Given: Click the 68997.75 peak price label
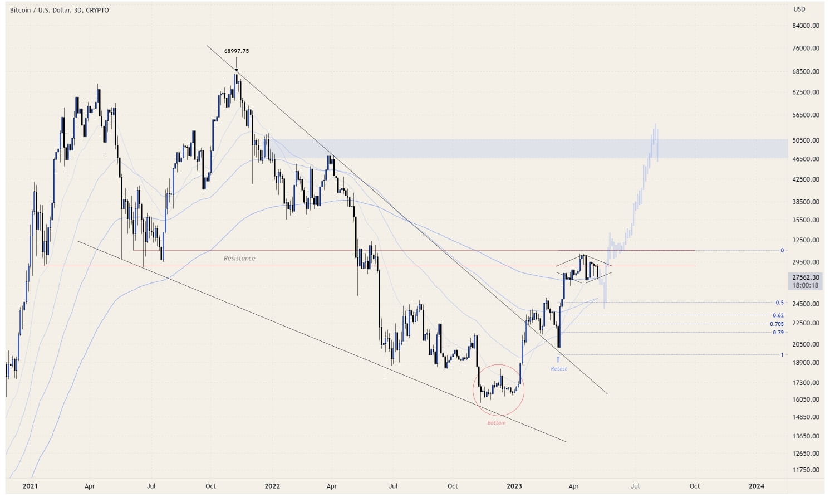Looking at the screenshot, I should pos(237,51).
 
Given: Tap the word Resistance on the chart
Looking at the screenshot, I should pos(239,258).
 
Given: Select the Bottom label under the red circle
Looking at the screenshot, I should pos(497,422).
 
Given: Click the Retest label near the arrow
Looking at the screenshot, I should pos(558,368).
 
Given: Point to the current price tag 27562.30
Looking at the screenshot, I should pos(806,277).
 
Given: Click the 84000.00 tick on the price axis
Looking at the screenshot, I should pos(806,26).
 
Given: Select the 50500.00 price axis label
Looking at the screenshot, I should pos(806,140).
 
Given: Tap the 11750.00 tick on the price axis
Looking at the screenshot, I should pos(806,470).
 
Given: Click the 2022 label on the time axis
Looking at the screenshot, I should pos(272,486).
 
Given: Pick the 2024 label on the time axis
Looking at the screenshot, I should pos(757,486).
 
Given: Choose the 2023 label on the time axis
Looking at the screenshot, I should pos(514,486).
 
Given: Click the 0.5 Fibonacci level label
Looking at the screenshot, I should pos(779,303).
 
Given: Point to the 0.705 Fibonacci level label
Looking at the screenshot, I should pos(777,324).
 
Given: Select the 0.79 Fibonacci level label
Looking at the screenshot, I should pos(778,332).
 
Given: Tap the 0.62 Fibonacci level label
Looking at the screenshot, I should pos(778,315).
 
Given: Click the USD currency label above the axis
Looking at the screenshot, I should pos(799,9).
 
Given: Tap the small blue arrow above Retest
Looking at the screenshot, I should pos(558,359).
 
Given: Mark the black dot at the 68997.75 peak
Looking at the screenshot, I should pos(237,70).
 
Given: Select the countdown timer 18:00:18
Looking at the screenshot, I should pos(806,285).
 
